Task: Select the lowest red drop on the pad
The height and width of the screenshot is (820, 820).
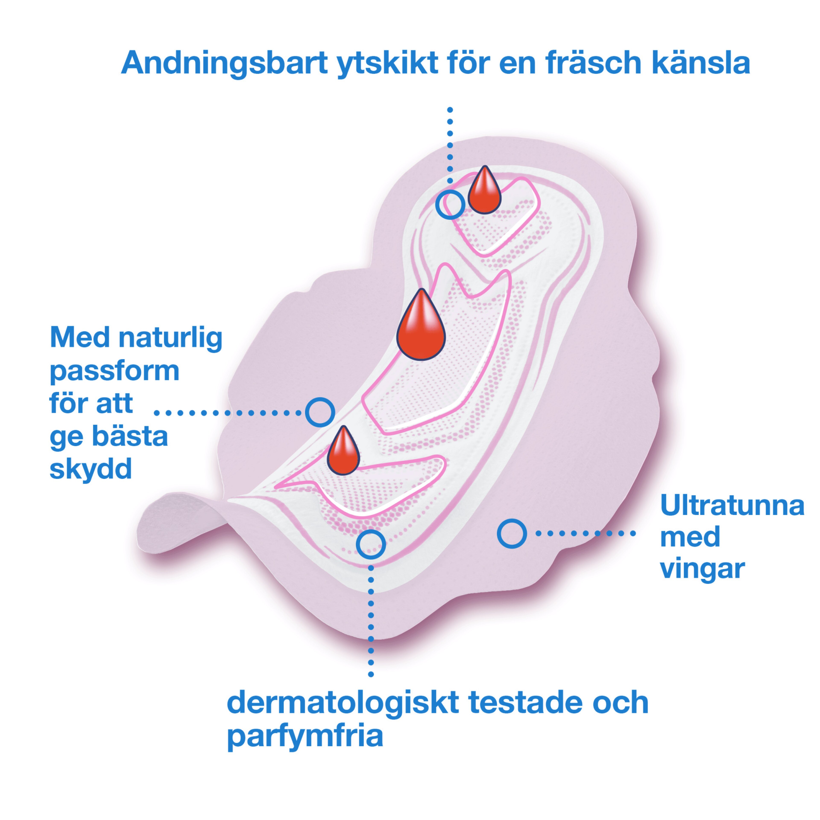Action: (x=343, y=451)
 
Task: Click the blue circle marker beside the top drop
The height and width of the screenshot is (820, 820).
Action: (x=450, y=205)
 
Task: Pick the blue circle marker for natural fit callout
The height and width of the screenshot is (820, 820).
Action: (x=320, y=412)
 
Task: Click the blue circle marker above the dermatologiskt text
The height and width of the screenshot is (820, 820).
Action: (x=371, y=544)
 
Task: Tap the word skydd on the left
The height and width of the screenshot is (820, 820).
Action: (x=91, y=469)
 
